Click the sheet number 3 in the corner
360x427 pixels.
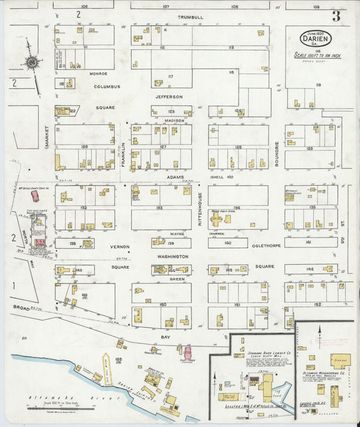(x=336, y=16)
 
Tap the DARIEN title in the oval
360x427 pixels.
(x=312, y=39)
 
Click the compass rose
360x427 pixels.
(x=31, y=62)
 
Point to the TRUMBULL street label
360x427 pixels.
(x=190, y=17)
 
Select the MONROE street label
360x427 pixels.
(x=98, y=73)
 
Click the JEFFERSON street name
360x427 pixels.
(x=169, y=97)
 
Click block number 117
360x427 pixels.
(x=170, y=76)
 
